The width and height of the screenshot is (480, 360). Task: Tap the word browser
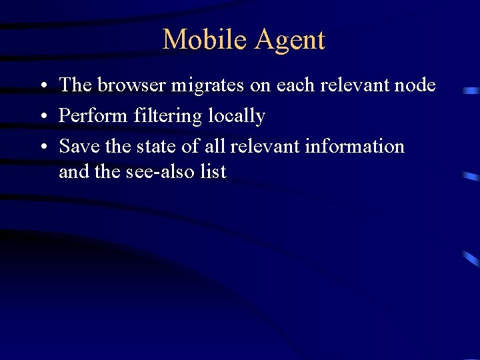point(131,85)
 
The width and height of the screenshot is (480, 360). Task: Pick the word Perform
point(93,116)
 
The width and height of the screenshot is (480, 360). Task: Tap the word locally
point(237,117)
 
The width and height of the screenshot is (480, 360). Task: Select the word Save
point(79,146)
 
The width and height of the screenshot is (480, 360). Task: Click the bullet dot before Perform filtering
point(42,117)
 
